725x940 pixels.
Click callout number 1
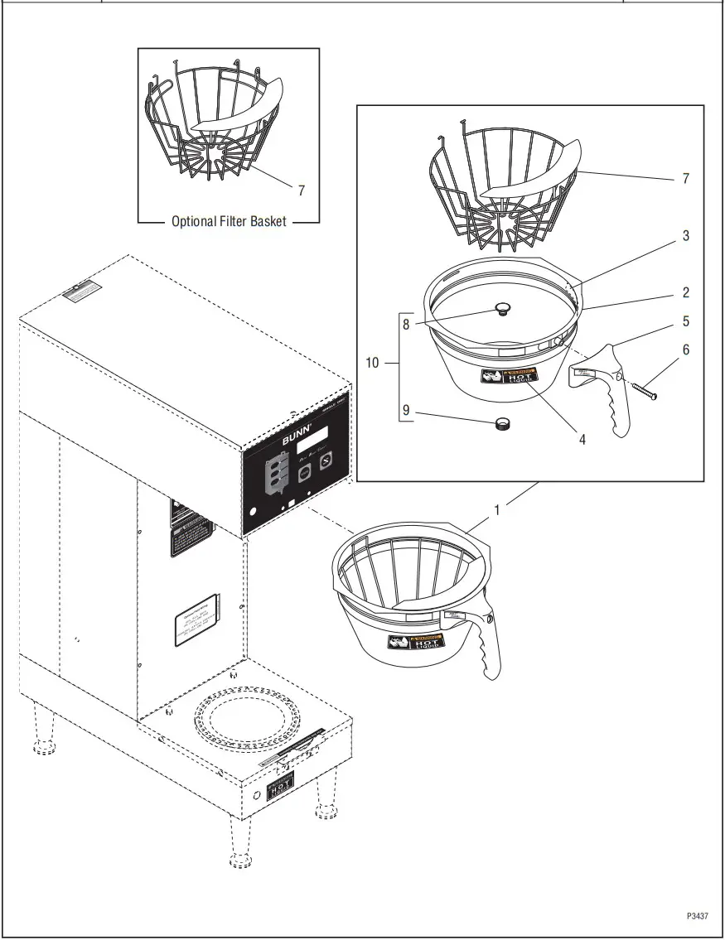(497, 511)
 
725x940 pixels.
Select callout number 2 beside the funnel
(685, 292)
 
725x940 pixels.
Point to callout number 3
(685, 236)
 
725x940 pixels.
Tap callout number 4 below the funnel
(582, 440)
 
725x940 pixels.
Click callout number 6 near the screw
(685, 350)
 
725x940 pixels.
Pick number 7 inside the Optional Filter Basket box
(301, 190)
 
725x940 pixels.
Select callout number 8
(406, 325)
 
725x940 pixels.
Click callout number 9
(406, 409)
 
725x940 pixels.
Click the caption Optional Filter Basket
(229, 221)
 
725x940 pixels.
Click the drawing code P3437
(697, 916)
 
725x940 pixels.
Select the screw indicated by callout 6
(644, 391)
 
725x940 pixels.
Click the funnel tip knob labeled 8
(501, 309)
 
